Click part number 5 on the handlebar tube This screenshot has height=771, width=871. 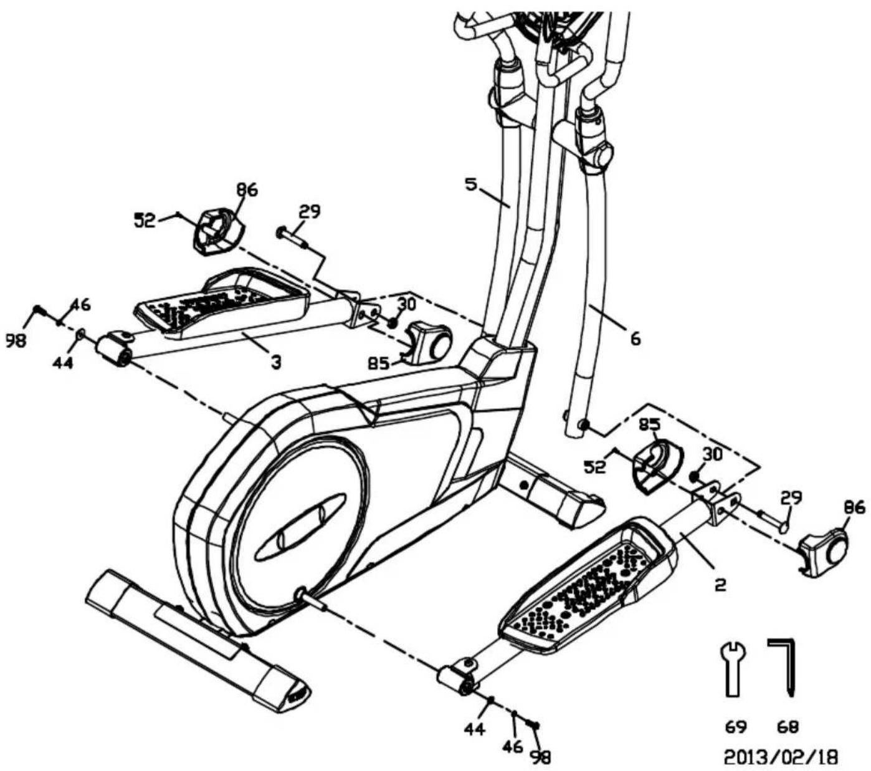coord(471,184)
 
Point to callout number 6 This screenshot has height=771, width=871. coord(635,339)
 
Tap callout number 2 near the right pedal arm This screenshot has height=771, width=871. coord(720,585)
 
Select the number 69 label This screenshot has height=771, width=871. coord(736,726)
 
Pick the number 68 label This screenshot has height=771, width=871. coord(788,726)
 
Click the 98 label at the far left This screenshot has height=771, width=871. coord(16,340)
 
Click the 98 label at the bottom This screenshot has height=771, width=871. coord(540,757)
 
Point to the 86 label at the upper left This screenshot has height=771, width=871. coord(246,189)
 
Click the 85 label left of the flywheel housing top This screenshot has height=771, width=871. coord(378,364)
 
